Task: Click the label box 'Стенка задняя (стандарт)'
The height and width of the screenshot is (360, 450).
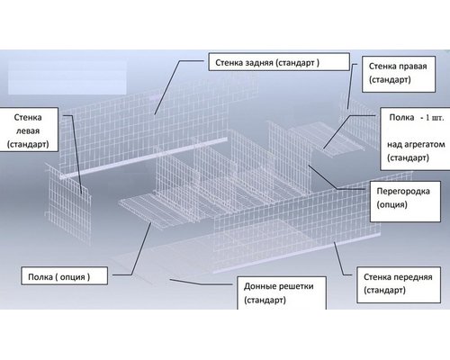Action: coord(279,62)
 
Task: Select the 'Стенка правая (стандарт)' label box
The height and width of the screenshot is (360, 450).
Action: coord(399,74)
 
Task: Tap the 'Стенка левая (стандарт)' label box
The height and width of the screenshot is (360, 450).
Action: coord(28,130)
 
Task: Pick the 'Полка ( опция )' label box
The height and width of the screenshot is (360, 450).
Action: coord(64,276)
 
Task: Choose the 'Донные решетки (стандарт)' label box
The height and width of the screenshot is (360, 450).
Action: coord(282,292)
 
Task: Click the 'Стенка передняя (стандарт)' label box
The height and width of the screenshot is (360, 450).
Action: coord(399,284)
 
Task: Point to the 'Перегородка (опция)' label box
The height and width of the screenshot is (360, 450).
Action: coord(405,202)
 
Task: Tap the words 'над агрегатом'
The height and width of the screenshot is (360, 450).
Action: coord(416,145)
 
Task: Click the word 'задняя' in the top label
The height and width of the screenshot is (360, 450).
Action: coord(259,63)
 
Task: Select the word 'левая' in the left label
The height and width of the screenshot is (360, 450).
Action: coord(28,131)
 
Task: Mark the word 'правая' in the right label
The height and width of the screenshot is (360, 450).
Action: coord(412,67)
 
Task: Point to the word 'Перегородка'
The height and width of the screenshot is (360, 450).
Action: coord(403,192)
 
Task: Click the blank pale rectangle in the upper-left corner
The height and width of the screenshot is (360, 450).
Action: coord(67,77)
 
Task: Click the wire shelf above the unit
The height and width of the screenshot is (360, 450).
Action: coord(326,139)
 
